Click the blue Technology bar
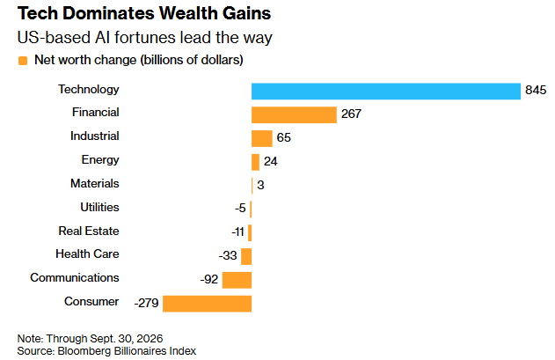click(386, 91)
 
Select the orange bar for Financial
click(294, 114)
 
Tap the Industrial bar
click(262, 138)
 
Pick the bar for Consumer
click(207, 304)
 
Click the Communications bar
click(237, 280)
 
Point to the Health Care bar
click(246, 256)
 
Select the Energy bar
click(256, 162)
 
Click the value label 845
click(536, 90)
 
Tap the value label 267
click(351, 114)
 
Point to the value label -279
click(146, 303)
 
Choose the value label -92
click(208, 279)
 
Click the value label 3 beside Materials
click(260, 185)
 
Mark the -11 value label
click(237, 232)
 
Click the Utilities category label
click(99, 207)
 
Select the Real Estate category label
click(89, 231)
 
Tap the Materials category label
click(94, 184)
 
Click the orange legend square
click(23, 61)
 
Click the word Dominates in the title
click(108, 13)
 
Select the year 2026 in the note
click(150, 338)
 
